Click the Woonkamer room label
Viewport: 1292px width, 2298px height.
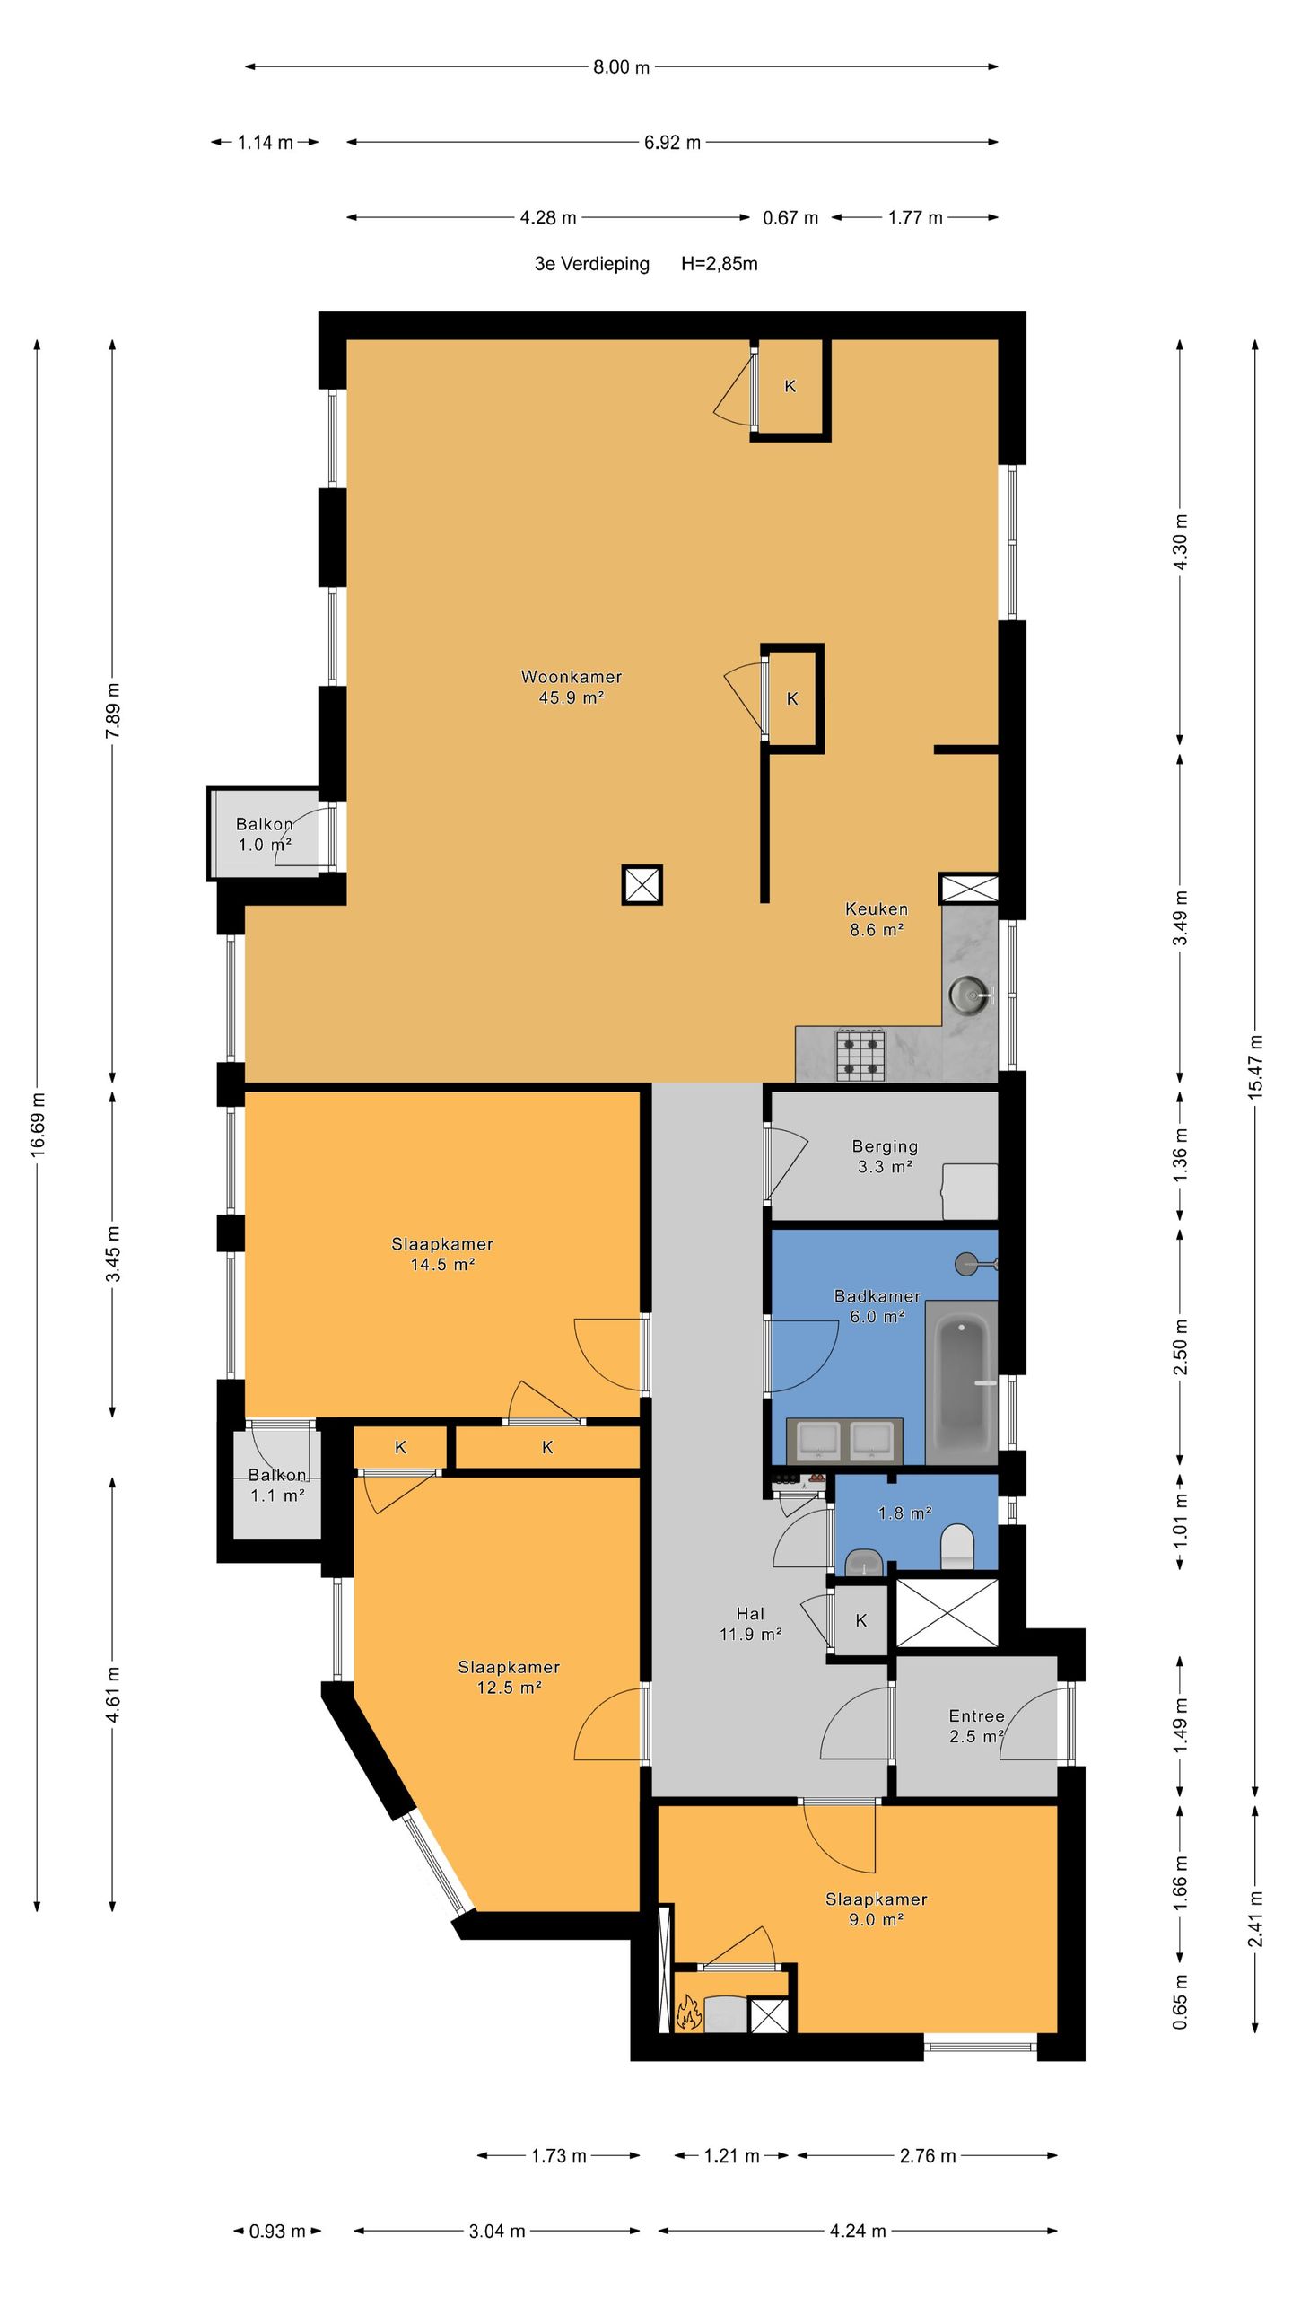coord(572,677)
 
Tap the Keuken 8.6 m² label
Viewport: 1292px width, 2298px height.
coord(877,919)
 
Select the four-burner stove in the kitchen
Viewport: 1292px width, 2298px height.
coord(861,1055)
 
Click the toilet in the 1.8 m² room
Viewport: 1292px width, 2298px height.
coord(956,1547)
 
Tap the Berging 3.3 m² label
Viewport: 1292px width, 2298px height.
coord(885,1156)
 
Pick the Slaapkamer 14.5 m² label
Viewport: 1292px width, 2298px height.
coord(442,1254)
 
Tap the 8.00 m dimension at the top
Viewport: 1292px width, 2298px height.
coord(621,66)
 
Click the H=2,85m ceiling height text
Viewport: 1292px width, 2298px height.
coord(720,264)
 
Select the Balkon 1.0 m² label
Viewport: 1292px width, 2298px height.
coord(265,835)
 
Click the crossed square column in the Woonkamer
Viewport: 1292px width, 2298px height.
coord(642,885)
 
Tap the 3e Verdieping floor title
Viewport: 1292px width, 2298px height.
coord(592,264)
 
